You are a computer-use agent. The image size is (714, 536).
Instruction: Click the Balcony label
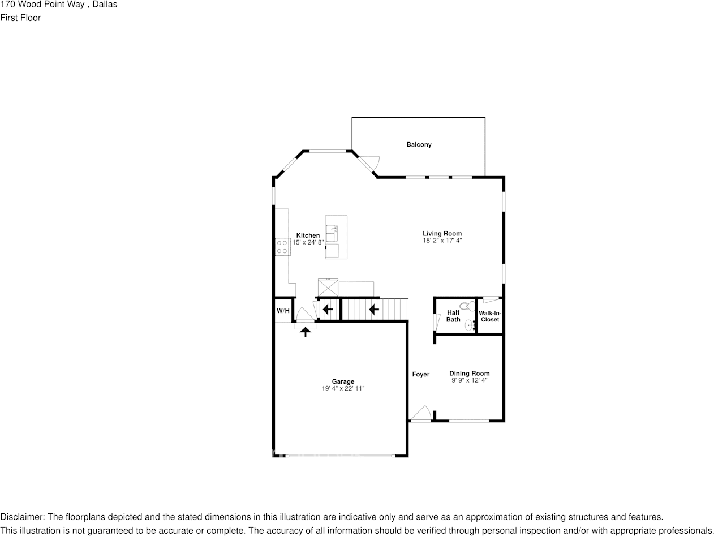pyautogui.click(x=419, y=145)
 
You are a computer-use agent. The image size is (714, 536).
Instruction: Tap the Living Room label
pyautogui.click(x=442, y=233)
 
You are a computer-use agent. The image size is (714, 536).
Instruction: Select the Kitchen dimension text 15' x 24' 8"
pyautogui.click(x=308, y=242)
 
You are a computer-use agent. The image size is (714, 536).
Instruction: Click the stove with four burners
pyautogui.click(x=282, y=247)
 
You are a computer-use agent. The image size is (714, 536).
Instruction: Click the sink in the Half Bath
pyautogui.click(x=470, y=325)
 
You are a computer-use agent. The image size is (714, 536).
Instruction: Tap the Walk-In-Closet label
pyautogui.click(x=490, y=316)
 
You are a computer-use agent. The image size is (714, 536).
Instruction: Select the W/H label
pyautogui.click(x=283, y=311)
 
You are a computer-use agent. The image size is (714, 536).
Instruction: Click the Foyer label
pyautogui.click(x=420, y=374)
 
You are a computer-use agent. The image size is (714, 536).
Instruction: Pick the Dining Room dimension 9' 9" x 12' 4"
pyautogui.click(x=469, y=381)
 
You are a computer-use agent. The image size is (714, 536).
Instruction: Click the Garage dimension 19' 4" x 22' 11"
pyautogui.click(x=343, y=389)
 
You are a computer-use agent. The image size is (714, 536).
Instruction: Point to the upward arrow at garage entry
pyautogui.click(x=306, y=332)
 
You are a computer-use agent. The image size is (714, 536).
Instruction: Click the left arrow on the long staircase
pyautogui.click(x=373, y=310)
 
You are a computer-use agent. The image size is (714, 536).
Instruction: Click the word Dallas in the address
pyautogui.click(x=105, y=5)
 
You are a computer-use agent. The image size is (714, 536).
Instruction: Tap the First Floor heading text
pyautogui.click(x=20, y=18)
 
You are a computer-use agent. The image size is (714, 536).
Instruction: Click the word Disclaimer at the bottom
pyautogui.click(x=21, y=517)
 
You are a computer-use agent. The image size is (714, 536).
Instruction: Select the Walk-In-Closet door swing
pyautogui.click(x=491, y=299)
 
